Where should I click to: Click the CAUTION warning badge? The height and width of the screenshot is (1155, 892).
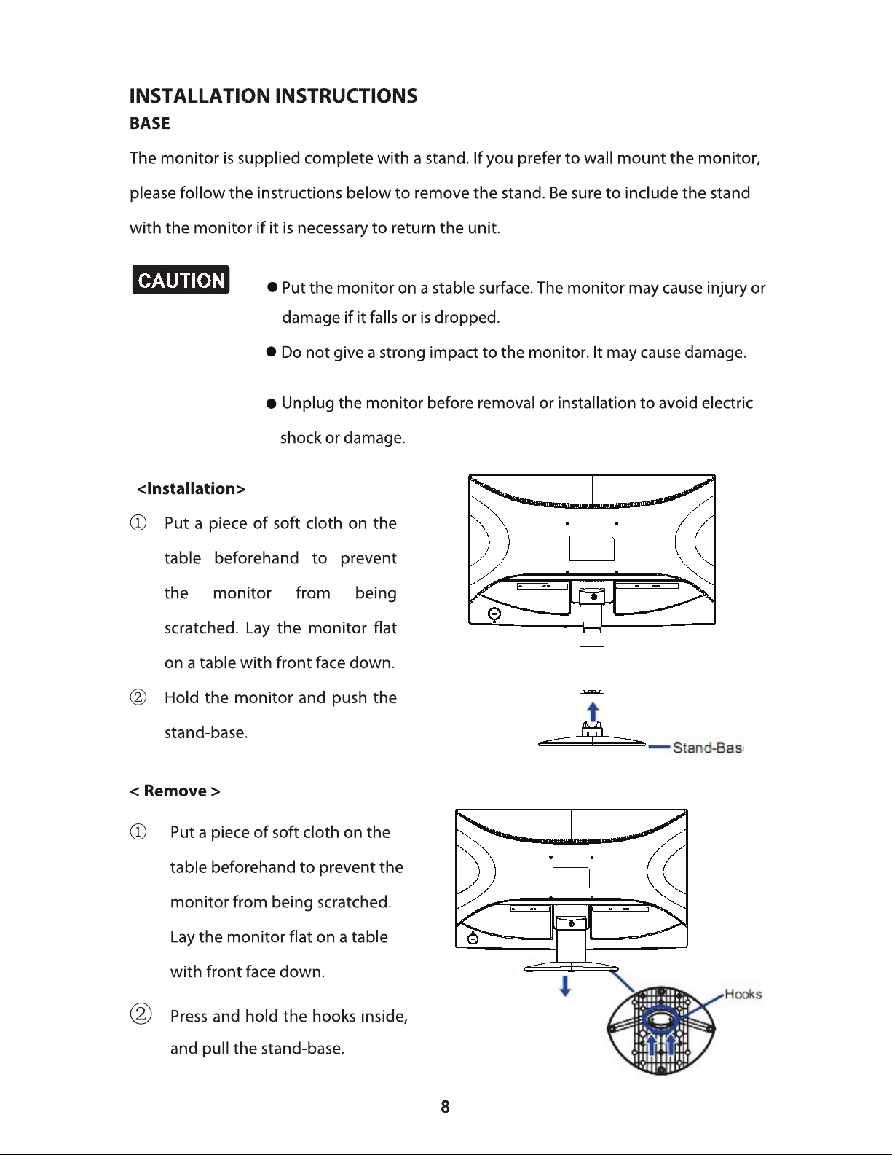coord(181,280)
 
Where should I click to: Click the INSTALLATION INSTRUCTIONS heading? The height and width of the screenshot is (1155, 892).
coord(273,96)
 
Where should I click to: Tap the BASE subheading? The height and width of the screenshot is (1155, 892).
coord(149,124)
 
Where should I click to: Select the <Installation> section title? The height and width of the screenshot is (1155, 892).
coord(191,489)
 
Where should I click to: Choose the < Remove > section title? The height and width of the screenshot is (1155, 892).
coord(175,791)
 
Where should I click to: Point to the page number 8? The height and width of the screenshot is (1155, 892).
coord(445,1107)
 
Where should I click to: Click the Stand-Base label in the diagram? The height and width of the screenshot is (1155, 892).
coord(706,748)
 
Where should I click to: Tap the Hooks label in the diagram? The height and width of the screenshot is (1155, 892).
coord(743,995)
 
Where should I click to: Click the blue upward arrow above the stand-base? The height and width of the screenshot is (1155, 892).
coord(593,711)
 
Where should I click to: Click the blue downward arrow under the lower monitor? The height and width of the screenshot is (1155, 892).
coord(565,986)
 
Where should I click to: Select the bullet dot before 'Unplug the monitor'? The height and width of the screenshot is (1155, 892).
coord(271,404)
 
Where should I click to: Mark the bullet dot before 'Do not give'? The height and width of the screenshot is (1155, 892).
coord(271,353)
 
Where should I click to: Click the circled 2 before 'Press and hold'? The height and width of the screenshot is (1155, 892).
coord(141,1014)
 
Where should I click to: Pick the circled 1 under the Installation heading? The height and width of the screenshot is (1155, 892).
coord(138,523)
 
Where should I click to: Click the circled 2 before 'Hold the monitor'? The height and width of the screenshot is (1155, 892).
coord(138,697)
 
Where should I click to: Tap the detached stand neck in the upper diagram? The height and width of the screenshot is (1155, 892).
coord(592,670)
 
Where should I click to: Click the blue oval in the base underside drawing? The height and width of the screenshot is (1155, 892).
coord(660,1017)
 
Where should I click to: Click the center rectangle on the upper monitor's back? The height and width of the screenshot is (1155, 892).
coord(592,548)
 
